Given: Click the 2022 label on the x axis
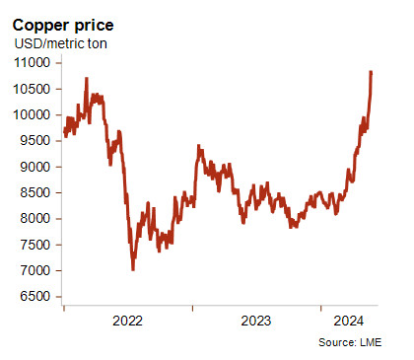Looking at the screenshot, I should [x=128, y=321].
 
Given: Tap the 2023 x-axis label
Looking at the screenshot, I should [x=256, y=321].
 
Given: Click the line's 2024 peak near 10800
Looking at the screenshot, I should [x=371, y=72].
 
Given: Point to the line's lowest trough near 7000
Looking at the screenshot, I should [x=133, y=269].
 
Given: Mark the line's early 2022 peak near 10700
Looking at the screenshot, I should [x=87, y=78].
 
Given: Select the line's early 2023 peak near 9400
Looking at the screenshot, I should [x=198, y=146].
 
